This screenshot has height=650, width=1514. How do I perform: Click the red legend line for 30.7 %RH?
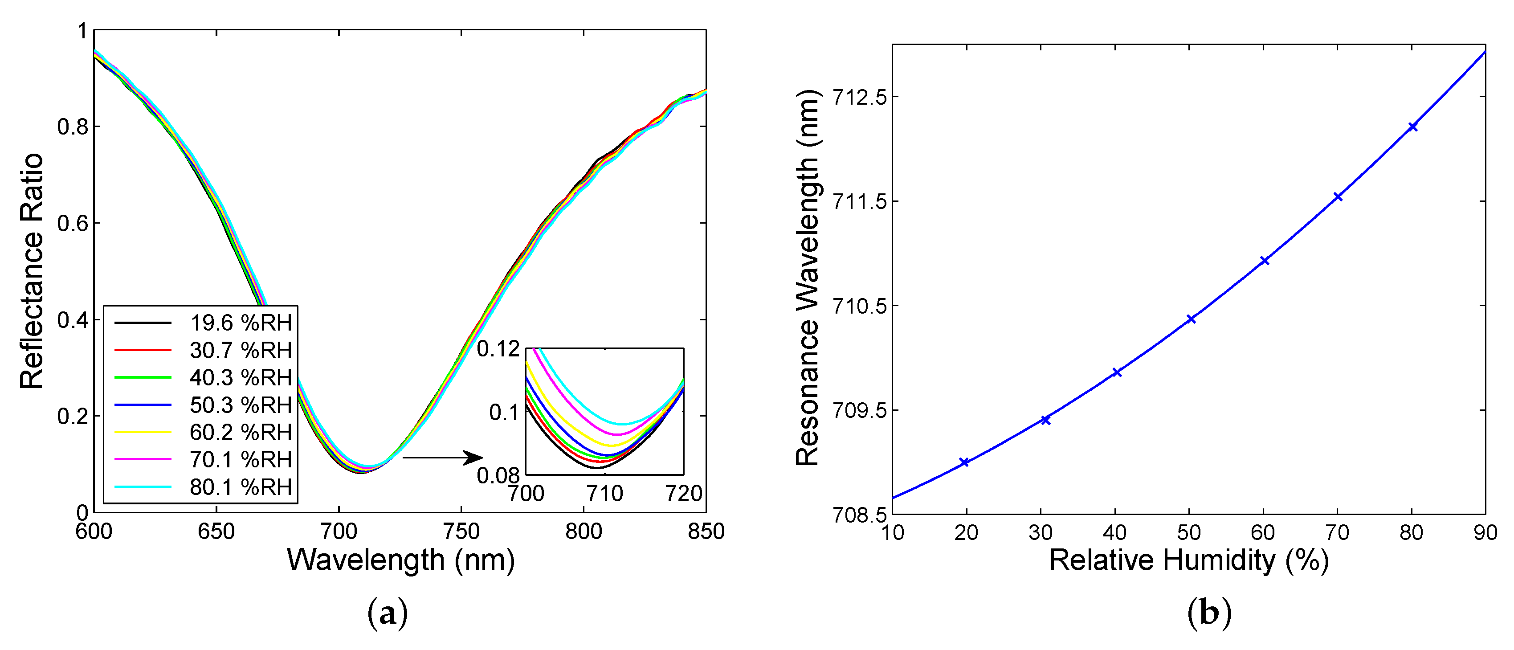(x=143, y=350)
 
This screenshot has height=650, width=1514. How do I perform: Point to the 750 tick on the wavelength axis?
(x=461, y=531)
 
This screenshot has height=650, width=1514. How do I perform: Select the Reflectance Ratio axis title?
(x=33, y=271)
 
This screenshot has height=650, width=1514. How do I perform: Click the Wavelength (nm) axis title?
(x=401, y=560)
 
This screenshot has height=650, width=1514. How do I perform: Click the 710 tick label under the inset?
(x=605, y=494)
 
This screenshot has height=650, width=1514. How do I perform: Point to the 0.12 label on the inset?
(x=498, y=349)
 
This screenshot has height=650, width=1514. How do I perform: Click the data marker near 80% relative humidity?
(x=1413, y=127)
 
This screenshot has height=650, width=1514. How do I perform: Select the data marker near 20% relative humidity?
(x=964, y=462)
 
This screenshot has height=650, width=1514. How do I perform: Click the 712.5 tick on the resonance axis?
(x=859, y=98)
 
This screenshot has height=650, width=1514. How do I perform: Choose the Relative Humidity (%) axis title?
(x=1189, y=560)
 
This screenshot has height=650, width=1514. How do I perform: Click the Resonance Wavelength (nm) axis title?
(x=808, y=278)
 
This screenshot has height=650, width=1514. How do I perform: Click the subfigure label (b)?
(x=1209, y=614)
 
